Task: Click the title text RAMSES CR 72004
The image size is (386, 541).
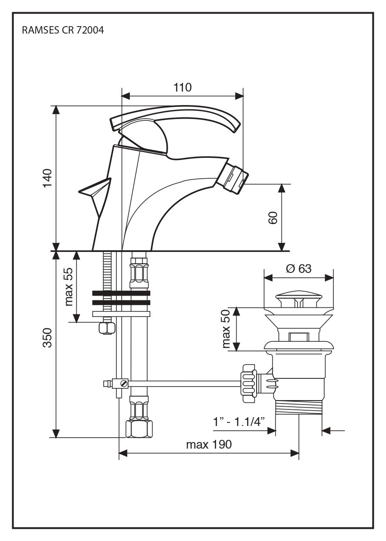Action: pyautogui.click(x=63, y=31)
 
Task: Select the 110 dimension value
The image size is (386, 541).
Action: pyautogui.click(x=183, y=88)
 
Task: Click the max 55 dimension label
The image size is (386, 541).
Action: pyautogui.click(x=68, y=286)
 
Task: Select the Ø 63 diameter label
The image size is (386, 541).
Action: pyautogui.click(x=299, y=269)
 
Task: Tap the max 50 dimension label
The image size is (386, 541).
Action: pyautogui.click(x=225, y=329)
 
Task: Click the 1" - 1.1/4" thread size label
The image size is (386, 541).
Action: pyautogui.click(x=239, y=422)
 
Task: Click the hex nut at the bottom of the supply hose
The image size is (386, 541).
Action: pyautogui.click(x=139, y=429)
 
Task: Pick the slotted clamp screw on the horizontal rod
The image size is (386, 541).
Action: pyautogui.click(x=123, y=384)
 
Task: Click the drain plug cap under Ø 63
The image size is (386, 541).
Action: pyautogui.click(x=299, y=299)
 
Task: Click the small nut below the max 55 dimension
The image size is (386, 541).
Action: pyautogui.click(x=106, y=328)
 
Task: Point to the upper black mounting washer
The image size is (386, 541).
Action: pyautogui.click(x=121, y=293)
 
